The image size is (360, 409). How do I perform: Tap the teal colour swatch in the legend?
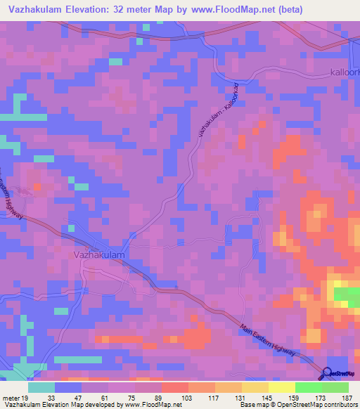coord(41,387)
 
